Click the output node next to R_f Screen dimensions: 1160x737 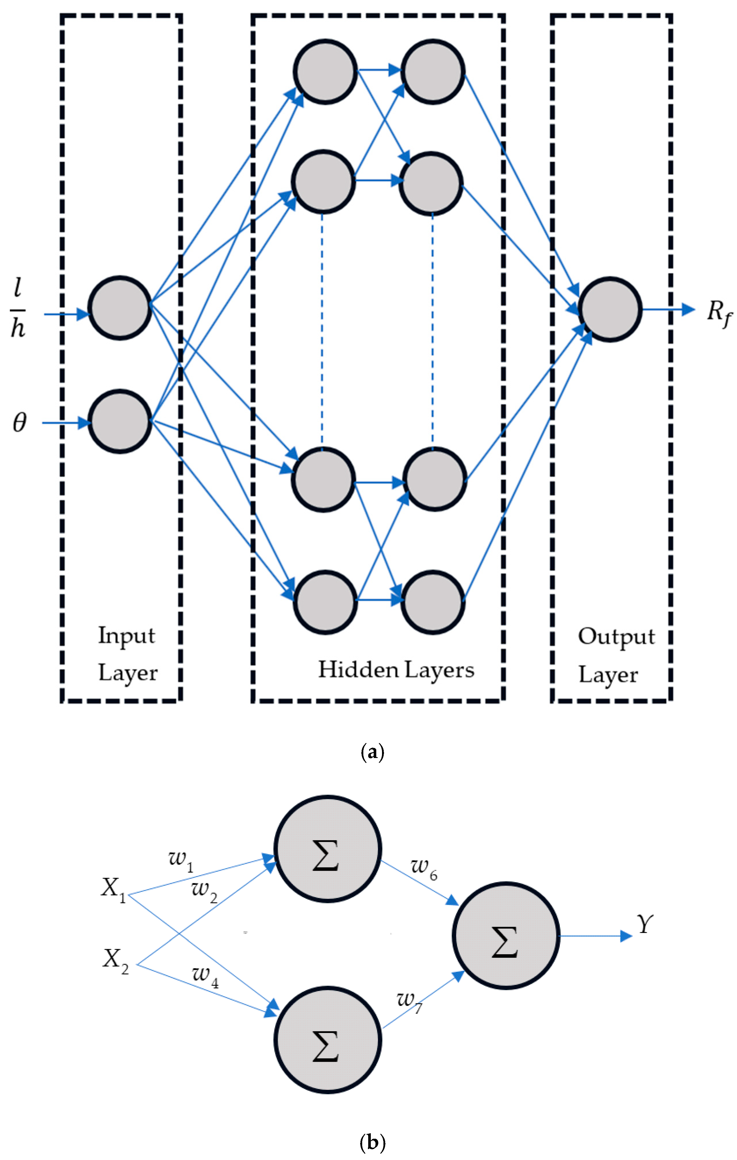pos(610,309)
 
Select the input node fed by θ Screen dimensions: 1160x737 pos(120,422)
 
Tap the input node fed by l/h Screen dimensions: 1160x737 pos(120,308)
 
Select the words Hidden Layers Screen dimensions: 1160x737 pos(396,670)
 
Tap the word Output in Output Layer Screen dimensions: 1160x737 pos(616,637)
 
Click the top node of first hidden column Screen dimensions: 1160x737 pos(325,71)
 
